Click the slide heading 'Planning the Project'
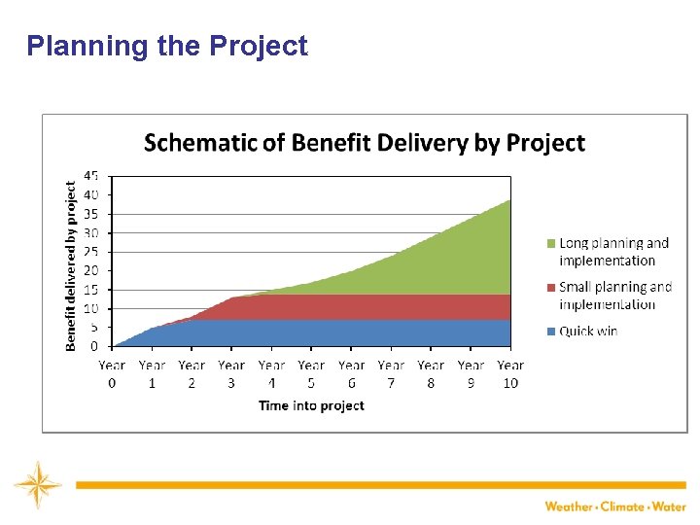167,46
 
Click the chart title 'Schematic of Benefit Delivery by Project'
365,144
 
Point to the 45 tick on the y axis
90,176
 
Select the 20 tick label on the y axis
90,270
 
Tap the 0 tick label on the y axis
94,346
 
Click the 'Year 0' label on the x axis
112,374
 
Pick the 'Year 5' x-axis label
311,374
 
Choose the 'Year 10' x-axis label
510,374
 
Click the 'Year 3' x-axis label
231,374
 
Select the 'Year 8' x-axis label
431,374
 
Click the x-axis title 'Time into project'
311,405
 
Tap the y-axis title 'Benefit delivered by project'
71,263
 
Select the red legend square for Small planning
551,288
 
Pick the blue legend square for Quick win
551,332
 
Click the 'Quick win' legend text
588,332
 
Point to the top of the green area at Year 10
509,201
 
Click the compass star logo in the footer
37,483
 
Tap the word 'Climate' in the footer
622,507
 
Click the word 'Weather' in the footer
569,507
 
